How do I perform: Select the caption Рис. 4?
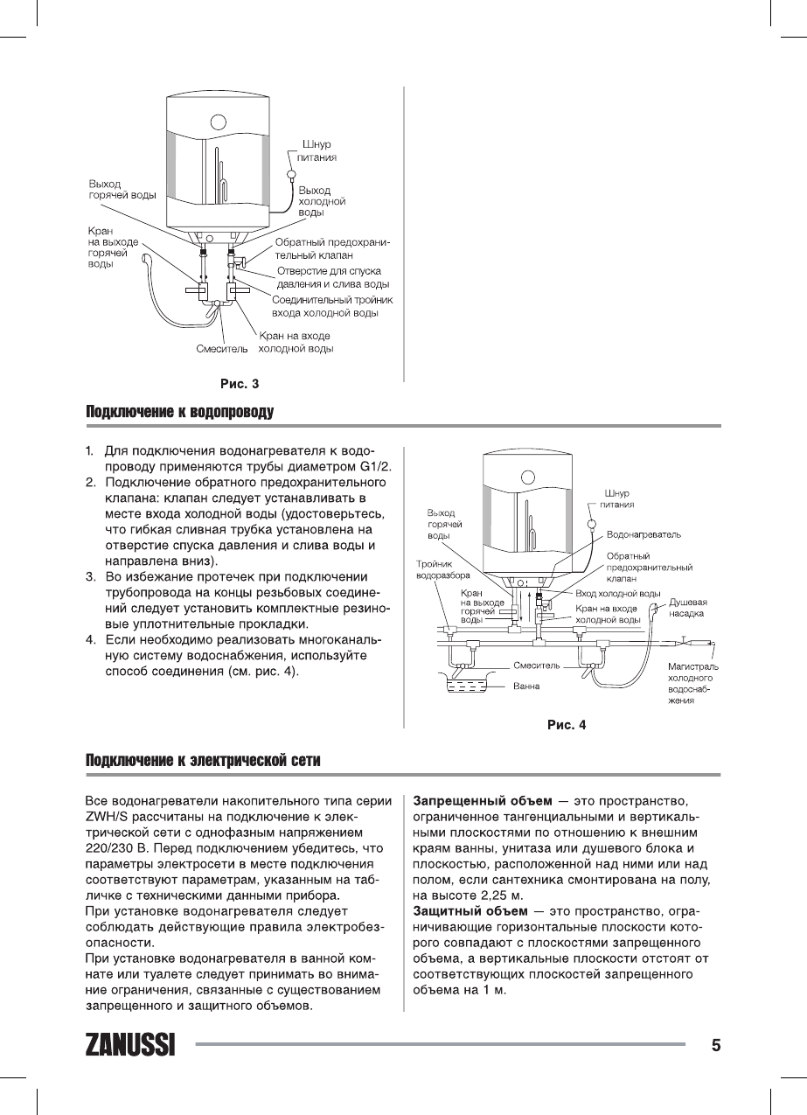(x=567, y=724)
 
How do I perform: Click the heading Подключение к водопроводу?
(x=180, y=412)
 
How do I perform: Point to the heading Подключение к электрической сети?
(x=203, y=761)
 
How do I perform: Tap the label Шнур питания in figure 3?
(x=316, y=151)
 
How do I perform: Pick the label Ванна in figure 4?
(x=525, y=686)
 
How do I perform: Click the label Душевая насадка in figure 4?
(x=688, y=608)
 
